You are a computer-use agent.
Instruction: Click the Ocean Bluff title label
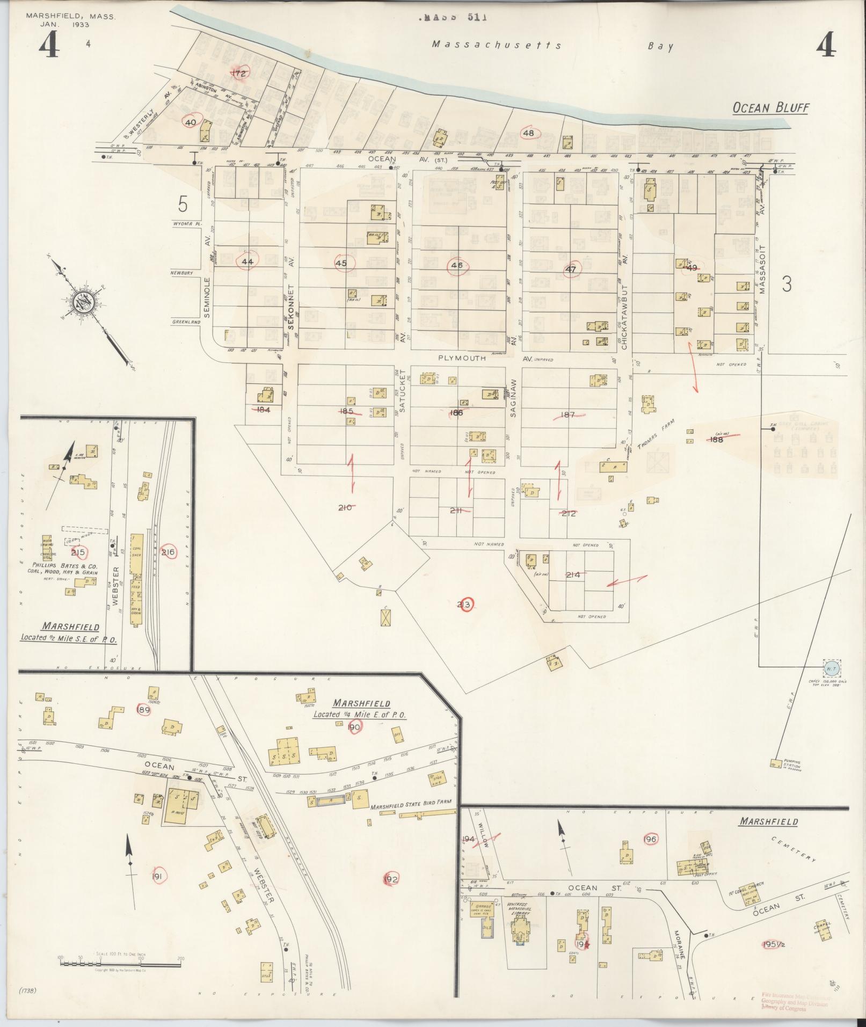point(771,108)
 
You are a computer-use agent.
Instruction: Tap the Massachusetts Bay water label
point(553,46)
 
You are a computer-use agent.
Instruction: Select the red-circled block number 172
point(239,74)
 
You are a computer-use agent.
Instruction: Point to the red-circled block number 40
point(191,122)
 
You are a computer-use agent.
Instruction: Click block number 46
point(457,265)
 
